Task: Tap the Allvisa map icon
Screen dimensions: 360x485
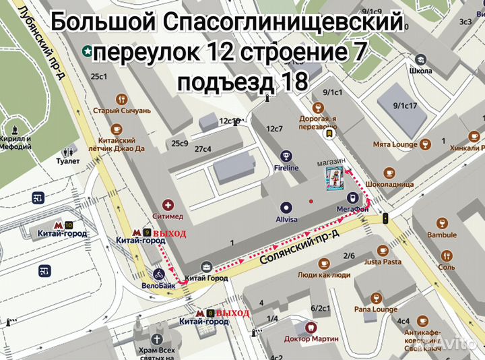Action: pos(286,208)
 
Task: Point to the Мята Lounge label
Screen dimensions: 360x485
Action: pos(395,144)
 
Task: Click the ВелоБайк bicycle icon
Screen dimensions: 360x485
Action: pos(158,274)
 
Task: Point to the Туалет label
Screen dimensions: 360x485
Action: pos(68,161)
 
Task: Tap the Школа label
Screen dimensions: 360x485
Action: pos(420,70)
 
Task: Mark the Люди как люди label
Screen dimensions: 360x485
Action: pos(323,274)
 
